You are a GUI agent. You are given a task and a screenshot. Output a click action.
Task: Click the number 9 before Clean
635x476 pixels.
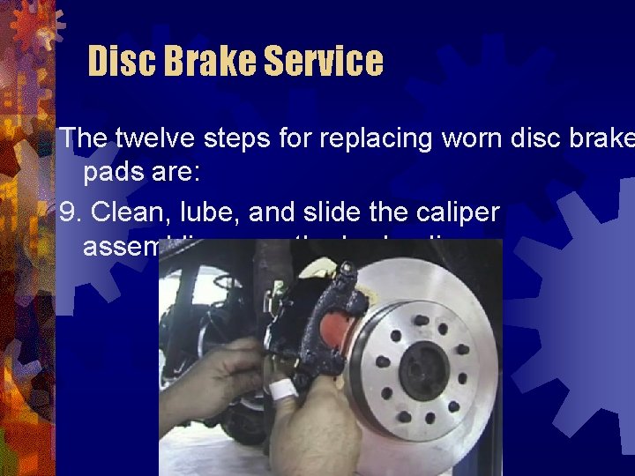click(x=67, y=212)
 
